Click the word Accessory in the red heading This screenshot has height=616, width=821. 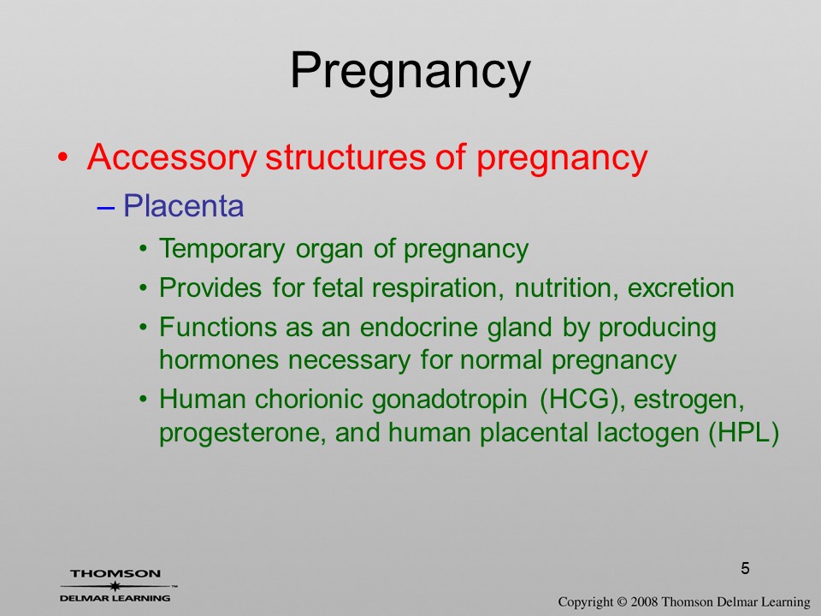[172, 157]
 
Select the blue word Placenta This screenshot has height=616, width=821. [183, 205]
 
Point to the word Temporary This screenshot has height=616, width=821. [222, 249]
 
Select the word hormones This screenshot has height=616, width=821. [220, 360]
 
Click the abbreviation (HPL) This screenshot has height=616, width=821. [744, 434]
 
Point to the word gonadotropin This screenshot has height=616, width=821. [449, 400]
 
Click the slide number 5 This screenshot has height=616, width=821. [745, 568]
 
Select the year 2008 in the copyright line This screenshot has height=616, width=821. [644, 601]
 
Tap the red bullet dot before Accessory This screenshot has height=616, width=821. [62, 157]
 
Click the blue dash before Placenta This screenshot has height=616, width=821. [106, 207]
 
